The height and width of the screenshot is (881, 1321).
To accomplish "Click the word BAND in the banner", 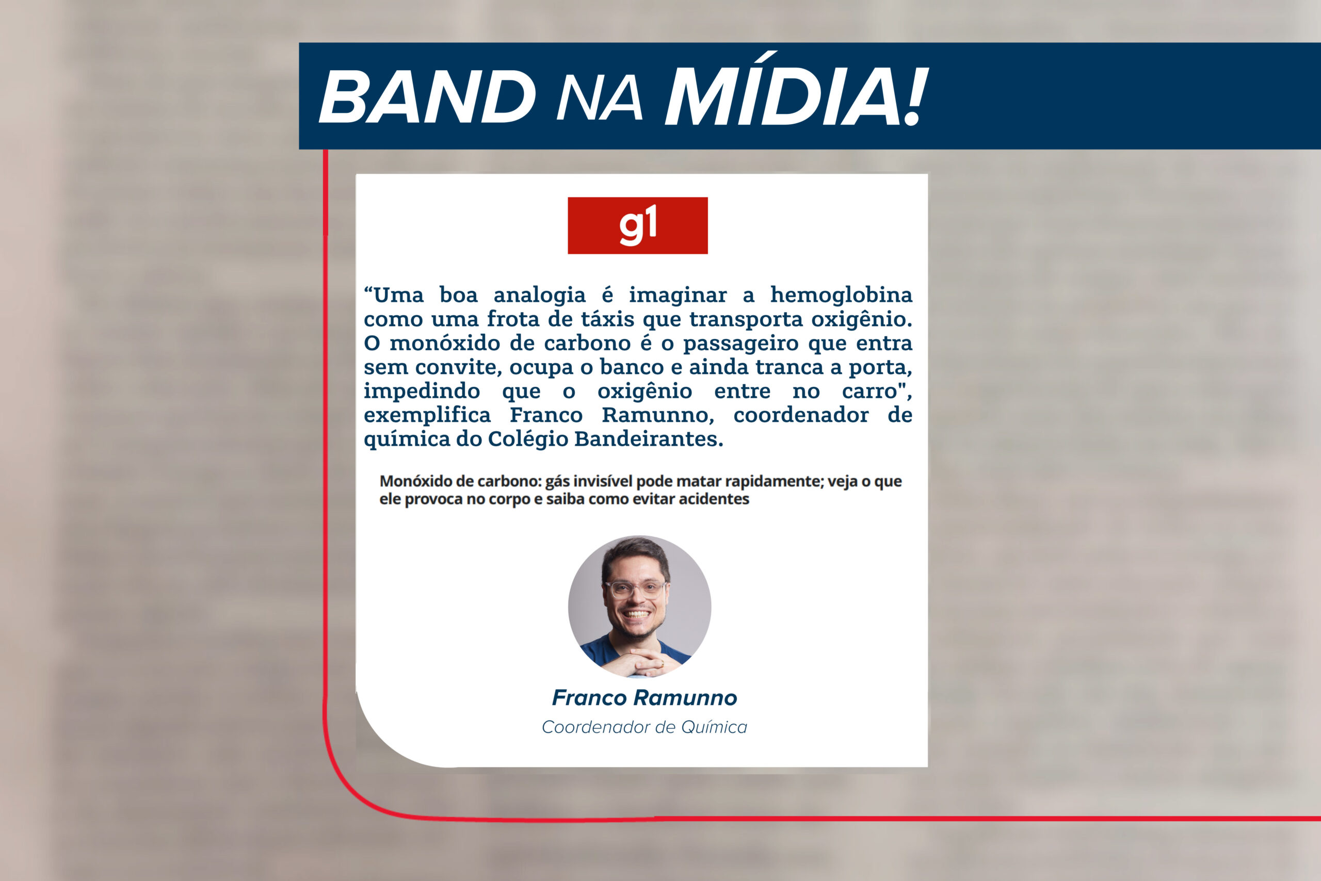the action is pyautogui.click(x=427, y=97).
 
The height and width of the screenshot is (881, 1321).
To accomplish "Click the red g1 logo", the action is pyautogui.click(x=637, y=225).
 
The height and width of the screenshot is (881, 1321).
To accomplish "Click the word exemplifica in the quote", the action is pyautogui.click(x=427, y=416).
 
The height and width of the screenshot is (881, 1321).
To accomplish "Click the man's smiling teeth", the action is pyautogui.click(x=637, y=614).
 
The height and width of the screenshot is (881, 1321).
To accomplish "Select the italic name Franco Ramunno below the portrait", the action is pyautogui.click(x=644, y=698).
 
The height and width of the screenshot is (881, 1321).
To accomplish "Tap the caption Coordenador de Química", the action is pyautogui.click(x=644, y=727).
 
